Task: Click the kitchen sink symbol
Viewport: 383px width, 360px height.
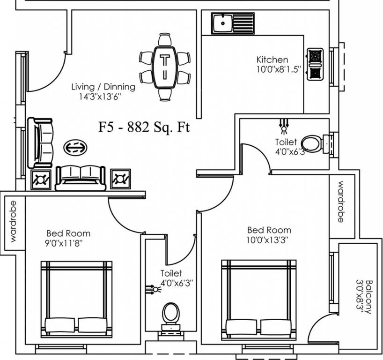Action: [232, 23]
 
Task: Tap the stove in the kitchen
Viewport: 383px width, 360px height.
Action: [315, 64]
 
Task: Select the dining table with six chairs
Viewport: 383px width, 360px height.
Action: [164, 67]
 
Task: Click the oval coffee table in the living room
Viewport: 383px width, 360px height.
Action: [75, 147]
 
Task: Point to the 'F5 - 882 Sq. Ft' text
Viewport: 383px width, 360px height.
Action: [144, 127]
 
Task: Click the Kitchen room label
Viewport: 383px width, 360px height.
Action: [272, 60]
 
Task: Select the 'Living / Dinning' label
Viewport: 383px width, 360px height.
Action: [103, 87]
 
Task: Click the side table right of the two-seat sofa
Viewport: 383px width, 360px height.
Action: [120, 179]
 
